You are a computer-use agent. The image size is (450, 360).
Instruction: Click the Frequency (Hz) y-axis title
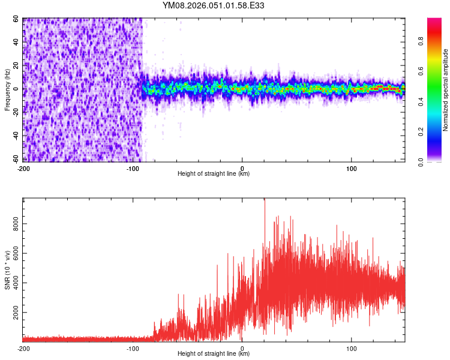pyautogui.click(x=7, y=89)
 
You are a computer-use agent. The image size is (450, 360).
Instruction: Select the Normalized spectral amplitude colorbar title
pyautogui.click(x=446, y=90)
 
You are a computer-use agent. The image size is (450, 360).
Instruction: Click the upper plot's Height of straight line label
pyautogui.click(x=214, y=173)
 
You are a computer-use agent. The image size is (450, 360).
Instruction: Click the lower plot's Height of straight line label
pyautogui.click(x=214, y=353)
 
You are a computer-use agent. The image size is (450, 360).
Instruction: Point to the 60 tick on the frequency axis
pyautogui.click(x=17, y=19)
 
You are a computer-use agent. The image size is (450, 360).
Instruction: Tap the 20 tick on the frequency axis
pyautogui.click(x=17, y=66)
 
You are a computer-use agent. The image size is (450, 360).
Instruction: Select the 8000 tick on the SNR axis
pyautogui.click(x=13, y=223)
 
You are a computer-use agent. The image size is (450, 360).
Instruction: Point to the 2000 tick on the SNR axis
pyautogui.click(x=13, y=313)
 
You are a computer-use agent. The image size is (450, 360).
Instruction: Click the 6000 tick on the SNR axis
pyautogui.click(x=13, y=253)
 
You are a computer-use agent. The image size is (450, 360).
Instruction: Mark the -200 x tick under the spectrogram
pyautogui.click(x=24, y=168)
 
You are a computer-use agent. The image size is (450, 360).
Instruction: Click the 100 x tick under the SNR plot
pyautogui.click(x=351, y=348)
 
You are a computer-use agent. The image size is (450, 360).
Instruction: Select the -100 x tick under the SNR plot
pyautogui.click(x=133, y=348)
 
